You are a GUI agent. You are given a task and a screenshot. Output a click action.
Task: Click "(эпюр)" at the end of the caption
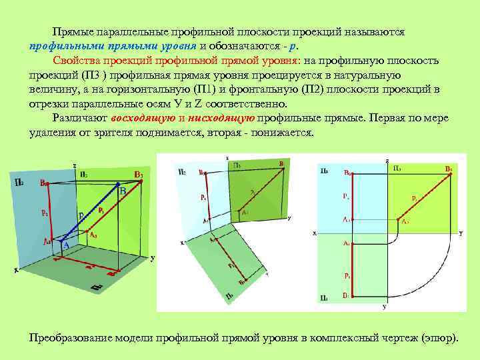pos(441,337)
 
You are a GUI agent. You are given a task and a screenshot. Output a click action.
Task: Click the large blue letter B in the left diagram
pos(123,192)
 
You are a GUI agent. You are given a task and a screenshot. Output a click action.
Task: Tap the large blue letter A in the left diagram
pos(66,245)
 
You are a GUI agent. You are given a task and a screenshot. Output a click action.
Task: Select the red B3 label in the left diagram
pos(138,175)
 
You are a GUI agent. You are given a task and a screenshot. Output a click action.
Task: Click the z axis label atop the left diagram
pos(75,165)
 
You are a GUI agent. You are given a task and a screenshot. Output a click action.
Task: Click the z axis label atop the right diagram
pos(387,160)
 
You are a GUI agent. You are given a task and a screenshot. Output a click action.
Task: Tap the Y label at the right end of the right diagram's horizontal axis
pos(460,233)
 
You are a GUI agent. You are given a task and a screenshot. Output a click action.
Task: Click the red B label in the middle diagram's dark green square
pos(281,163)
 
